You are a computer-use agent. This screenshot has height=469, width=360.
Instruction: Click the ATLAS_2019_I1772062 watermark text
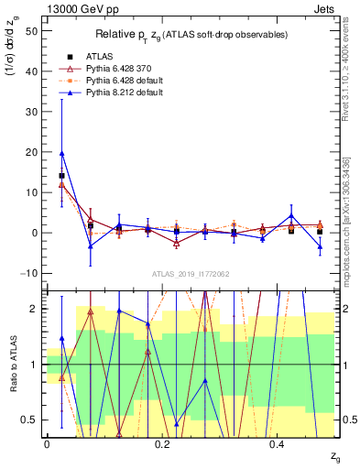point(191,274)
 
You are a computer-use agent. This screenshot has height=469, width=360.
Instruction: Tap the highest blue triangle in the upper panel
point(61,154)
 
